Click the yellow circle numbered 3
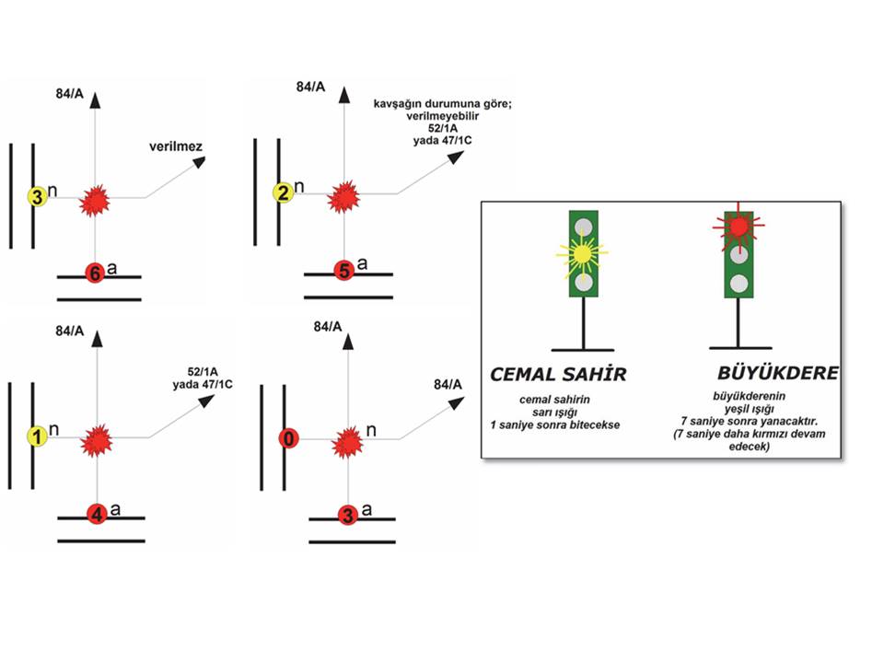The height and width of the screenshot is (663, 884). click(x=37, y=197)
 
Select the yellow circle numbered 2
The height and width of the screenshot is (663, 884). click(x=283, y=193)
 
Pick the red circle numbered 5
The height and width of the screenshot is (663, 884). click(x=343, y=271)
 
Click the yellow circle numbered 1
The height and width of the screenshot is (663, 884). click(x=37, y=437)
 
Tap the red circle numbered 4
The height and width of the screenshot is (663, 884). click(x=98, y=516)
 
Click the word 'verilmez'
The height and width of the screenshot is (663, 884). click(x=176, y=147)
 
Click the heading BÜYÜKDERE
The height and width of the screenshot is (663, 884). click(x=778, y=373)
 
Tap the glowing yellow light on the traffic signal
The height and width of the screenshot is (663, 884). click(x=582, y=251)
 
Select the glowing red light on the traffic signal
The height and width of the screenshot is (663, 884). click(x=739, y=226)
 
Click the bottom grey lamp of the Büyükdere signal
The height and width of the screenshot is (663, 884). click(x=739, y=283)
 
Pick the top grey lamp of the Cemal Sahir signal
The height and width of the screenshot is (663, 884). click(x=582, y=224)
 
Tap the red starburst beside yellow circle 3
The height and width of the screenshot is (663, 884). click(x=95, y=199)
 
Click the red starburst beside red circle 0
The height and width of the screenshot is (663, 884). click(x=347, y=442)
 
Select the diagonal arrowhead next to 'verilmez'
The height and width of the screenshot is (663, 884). click(x=198, y=162)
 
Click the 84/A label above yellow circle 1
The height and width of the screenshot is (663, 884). click(x=71, y=329)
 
